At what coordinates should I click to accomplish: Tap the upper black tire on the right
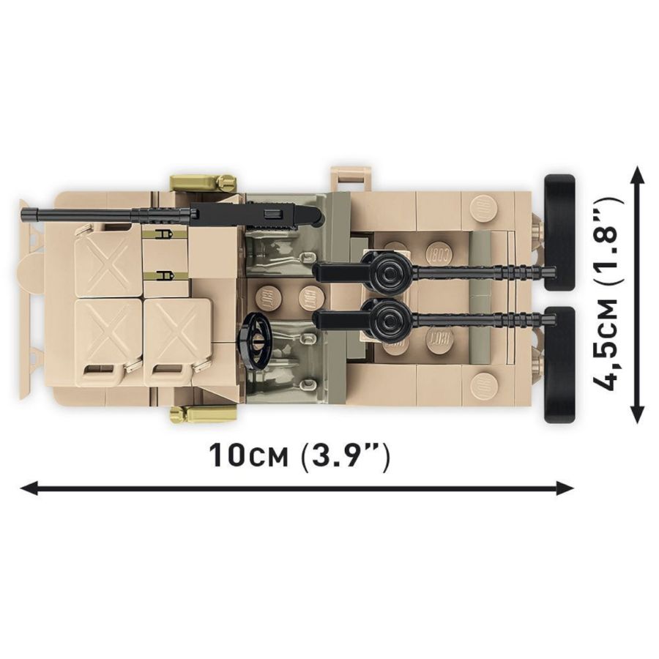[559, 231]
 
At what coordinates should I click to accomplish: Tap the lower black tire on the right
[559, 365]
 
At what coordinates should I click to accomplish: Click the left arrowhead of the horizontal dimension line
[29, 488]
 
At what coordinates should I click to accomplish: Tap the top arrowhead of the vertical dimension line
[638, 174]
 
